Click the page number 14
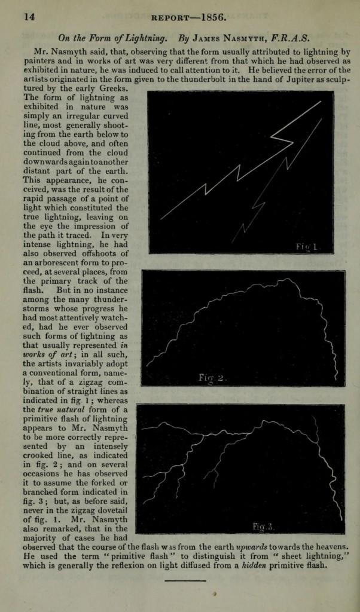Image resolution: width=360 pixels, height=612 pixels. coord(29,17)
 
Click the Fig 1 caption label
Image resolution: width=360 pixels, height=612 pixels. coord(309,246)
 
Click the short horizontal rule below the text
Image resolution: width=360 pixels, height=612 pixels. coord(185,580)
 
